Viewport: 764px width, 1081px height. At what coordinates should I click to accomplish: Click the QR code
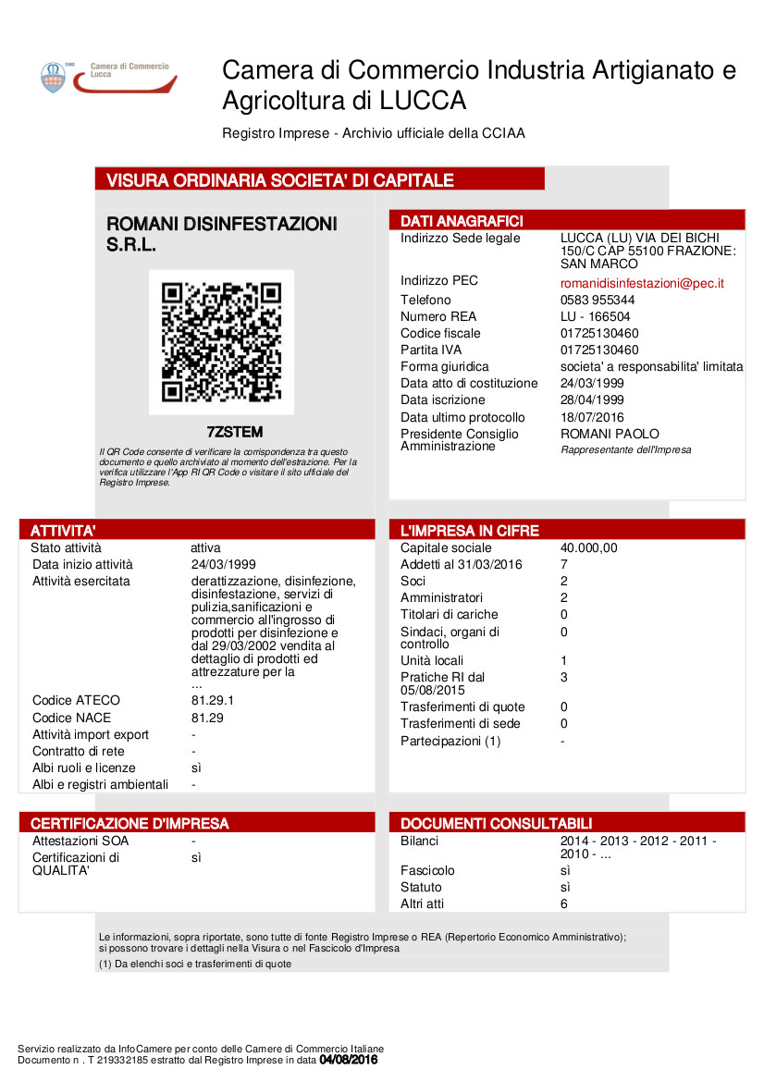click(x=221, y=342)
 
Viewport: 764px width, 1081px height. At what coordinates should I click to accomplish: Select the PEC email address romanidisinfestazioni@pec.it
click(x=642, y=283)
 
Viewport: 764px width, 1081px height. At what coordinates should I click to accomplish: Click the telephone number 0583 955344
click(x=598, y=300)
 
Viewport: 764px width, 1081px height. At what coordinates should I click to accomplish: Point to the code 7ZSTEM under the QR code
click(x=234, y=432)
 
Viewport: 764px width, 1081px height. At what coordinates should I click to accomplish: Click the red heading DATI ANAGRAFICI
click(x=462, y=221)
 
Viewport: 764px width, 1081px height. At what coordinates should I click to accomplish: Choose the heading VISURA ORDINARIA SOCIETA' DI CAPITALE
click(x=280, y=180)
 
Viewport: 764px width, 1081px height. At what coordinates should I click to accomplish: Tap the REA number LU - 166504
click(x=596, y=316)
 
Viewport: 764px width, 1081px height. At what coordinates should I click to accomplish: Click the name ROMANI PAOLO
click(x=610, y=434)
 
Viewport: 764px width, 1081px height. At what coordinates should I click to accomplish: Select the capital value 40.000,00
click(x=588, y=547)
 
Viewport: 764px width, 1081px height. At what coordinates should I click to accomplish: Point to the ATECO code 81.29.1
click(x=213, y=700)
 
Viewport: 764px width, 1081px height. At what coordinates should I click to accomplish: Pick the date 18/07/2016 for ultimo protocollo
click(x=592, y=417)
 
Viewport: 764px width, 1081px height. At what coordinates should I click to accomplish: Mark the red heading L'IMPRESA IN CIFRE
click(x=469, y=531)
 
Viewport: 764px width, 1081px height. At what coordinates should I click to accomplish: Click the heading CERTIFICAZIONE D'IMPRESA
click(x=129, y=823)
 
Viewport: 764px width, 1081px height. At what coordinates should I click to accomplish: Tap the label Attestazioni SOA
click(x=80, y=841)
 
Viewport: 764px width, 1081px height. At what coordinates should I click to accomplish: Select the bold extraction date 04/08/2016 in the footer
click(x=348, y=1060)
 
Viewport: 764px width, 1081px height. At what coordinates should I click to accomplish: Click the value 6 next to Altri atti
click(x=564, y=903)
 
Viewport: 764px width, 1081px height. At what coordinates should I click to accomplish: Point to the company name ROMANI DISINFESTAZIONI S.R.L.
click(x=222, y=234)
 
